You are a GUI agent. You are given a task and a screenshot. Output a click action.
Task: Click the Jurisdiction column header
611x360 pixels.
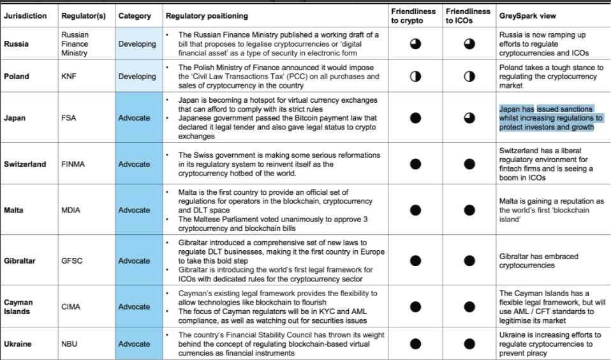26,16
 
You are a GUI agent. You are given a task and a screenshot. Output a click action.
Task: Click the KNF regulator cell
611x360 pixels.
69,76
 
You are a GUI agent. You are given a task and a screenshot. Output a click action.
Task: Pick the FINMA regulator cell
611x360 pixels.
73,164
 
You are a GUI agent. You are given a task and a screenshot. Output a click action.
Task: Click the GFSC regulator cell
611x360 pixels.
72,260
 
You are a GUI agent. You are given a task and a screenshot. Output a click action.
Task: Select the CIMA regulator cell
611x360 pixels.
71,306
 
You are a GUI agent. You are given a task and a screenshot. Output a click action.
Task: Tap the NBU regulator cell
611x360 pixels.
70,344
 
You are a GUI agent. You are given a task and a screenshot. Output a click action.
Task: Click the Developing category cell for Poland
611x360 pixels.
136,76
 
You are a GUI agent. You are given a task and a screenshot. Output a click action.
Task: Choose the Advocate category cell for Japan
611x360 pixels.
134,118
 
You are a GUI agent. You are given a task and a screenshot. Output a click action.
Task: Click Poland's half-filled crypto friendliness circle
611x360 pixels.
415,76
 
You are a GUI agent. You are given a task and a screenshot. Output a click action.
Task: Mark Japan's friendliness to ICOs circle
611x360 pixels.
469,117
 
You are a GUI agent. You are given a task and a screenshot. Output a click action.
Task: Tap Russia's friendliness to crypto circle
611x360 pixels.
415,44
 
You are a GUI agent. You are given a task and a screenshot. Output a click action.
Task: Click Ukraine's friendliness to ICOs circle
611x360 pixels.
469,344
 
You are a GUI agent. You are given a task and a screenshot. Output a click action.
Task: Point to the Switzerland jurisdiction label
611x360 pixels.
25,164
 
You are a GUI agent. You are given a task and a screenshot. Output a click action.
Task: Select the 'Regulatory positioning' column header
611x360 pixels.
207,16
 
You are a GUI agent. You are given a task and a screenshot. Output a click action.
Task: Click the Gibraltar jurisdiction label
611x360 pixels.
20,260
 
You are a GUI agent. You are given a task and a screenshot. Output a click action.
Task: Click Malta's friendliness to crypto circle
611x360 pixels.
415,210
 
